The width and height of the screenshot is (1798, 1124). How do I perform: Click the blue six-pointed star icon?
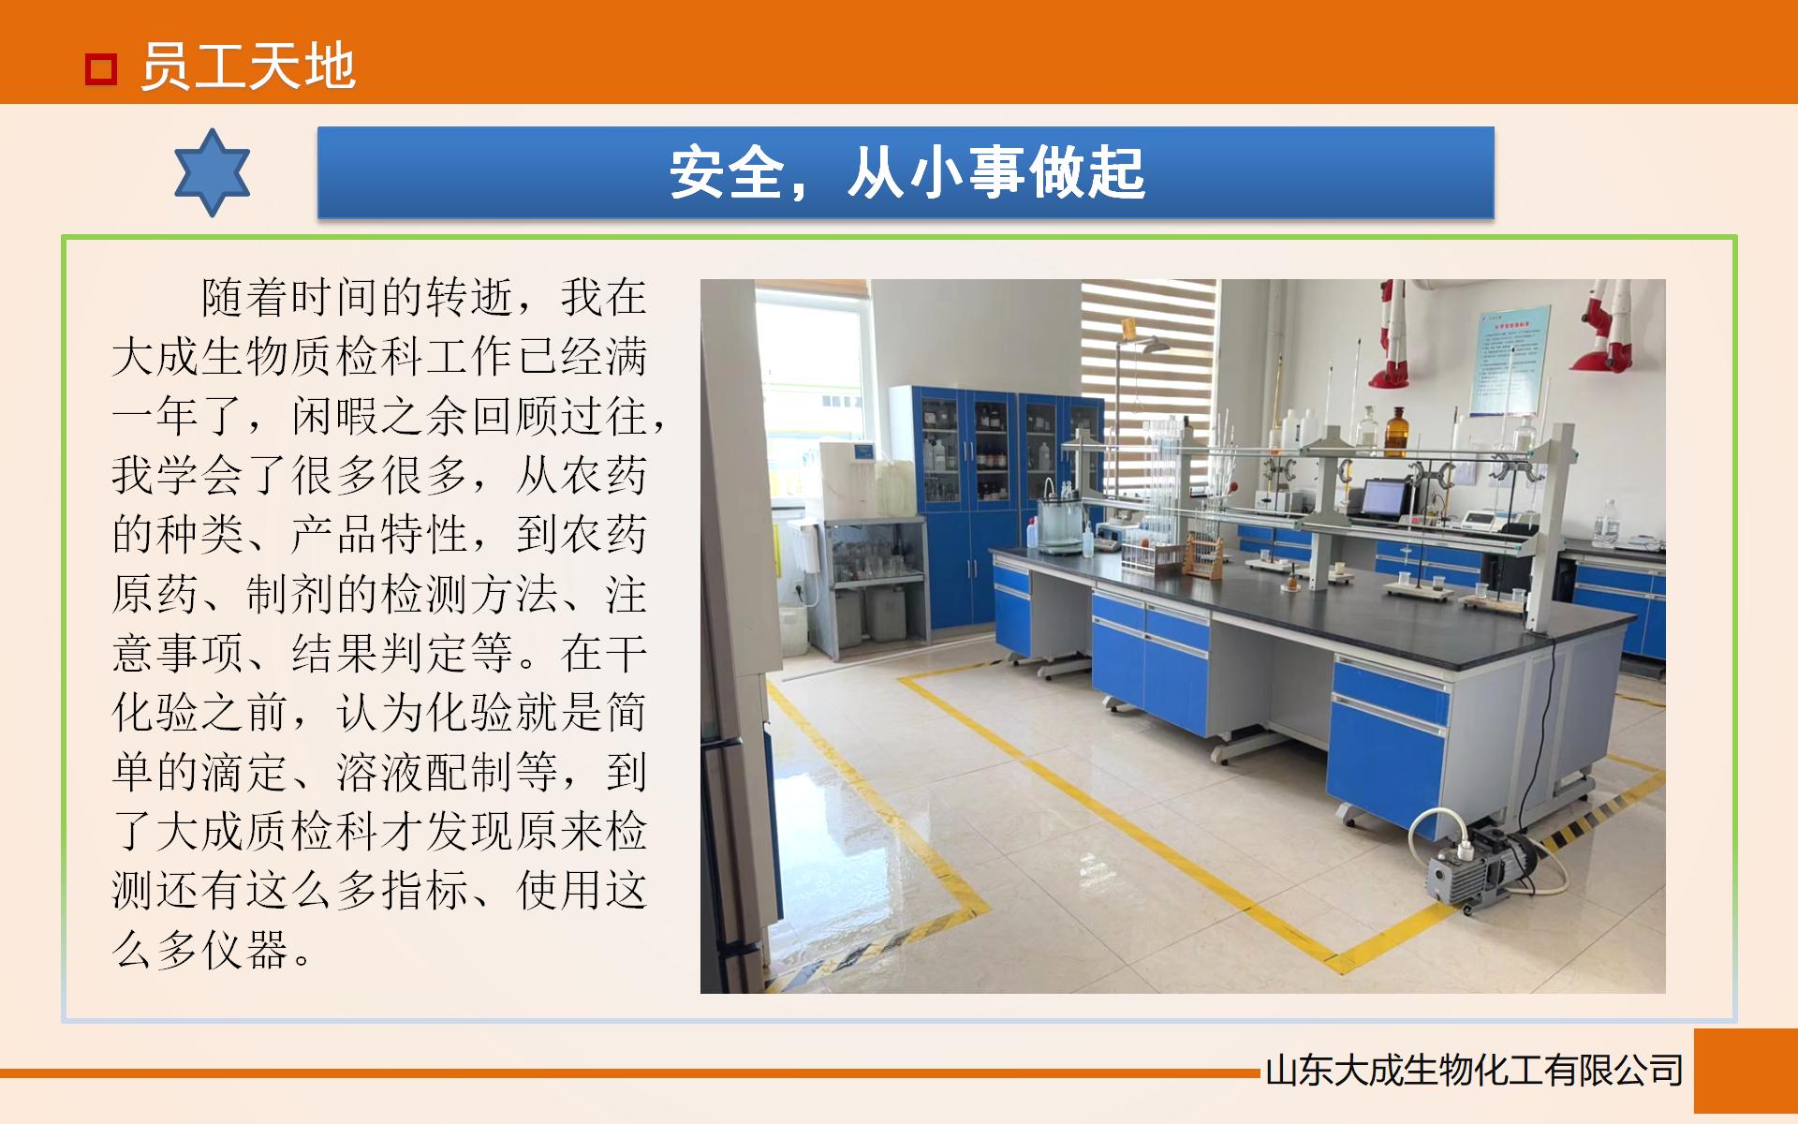point(213,173)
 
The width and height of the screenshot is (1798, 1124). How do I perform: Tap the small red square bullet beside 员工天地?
point(100,68)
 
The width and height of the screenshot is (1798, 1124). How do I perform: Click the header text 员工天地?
point(248,67)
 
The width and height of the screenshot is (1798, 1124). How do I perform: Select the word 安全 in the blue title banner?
point(726,173)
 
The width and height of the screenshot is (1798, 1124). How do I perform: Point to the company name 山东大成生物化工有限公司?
point(1474,1071)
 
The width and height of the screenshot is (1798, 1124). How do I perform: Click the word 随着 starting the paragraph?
point(245,298)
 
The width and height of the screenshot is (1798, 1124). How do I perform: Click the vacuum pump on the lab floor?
point(1475,866)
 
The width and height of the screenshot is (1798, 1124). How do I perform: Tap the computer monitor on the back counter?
point(1386,498)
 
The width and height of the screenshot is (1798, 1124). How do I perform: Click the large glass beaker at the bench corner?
point(1060,526)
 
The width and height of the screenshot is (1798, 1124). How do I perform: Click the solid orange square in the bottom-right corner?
point(1745,1071)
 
